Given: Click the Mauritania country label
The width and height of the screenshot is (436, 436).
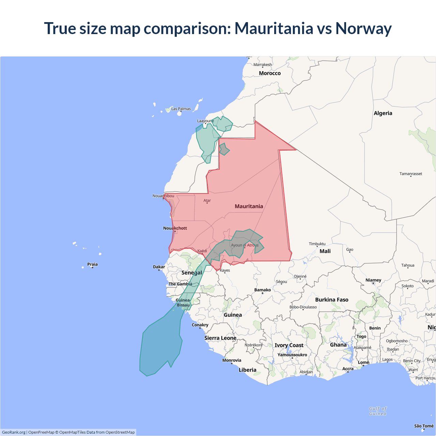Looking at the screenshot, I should (249, 206).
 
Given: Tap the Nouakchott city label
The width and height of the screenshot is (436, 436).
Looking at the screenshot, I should (175, 228).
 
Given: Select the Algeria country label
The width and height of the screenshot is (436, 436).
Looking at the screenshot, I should (383, 113).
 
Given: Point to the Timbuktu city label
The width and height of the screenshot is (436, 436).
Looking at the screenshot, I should (317, 244).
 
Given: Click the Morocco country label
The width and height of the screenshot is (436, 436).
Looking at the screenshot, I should (270, 73).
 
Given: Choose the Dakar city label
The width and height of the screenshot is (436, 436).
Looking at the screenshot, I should (159, 267).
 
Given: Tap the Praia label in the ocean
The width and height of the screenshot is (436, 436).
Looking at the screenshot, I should (92, 264).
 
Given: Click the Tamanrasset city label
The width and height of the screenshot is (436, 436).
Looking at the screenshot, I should (411, 174).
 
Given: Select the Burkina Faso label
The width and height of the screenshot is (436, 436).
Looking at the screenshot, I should (332, 300).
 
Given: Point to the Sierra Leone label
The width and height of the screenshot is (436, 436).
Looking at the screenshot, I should (220, 338).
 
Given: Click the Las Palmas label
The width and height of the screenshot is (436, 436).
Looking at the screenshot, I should (181, 109).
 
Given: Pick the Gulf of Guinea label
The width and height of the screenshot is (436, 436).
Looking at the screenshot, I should (378, 411).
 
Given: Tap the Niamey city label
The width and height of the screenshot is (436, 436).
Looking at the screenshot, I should (373, 280).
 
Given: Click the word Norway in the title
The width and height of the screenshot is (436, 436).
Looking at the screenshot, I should (363, 28).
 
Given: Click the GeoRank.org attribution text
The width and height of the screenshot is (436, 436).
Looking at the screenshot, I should (14, 432).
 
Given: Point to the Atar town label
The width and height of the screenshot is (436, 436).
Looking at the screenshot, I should (207, 201).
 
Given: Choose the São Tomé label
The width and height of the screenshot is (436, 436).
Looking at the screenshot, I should (424, 426).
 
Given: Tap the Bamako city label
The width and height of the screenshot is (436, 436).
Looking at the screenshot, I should (263, 290).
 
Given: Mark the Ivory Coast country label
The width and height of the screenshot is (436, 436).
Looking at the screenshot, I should (289, 345).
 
